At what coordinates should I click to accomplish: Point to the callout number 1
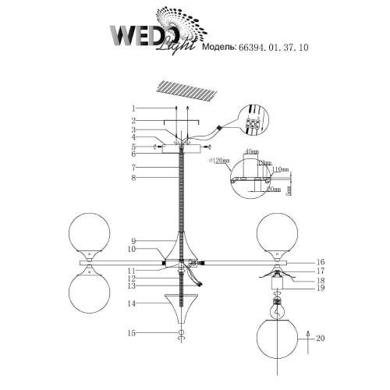click(x=133, y=108)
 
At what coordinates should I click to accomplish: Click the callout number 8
click(x=133, y=178)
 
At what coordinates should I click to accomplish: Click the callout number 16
click(x=321, y=262)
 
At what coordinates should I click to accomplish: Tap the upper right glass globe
click(x=277, y=232)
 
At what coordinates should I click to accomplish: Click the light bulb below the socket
click(x=276, y=307)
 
